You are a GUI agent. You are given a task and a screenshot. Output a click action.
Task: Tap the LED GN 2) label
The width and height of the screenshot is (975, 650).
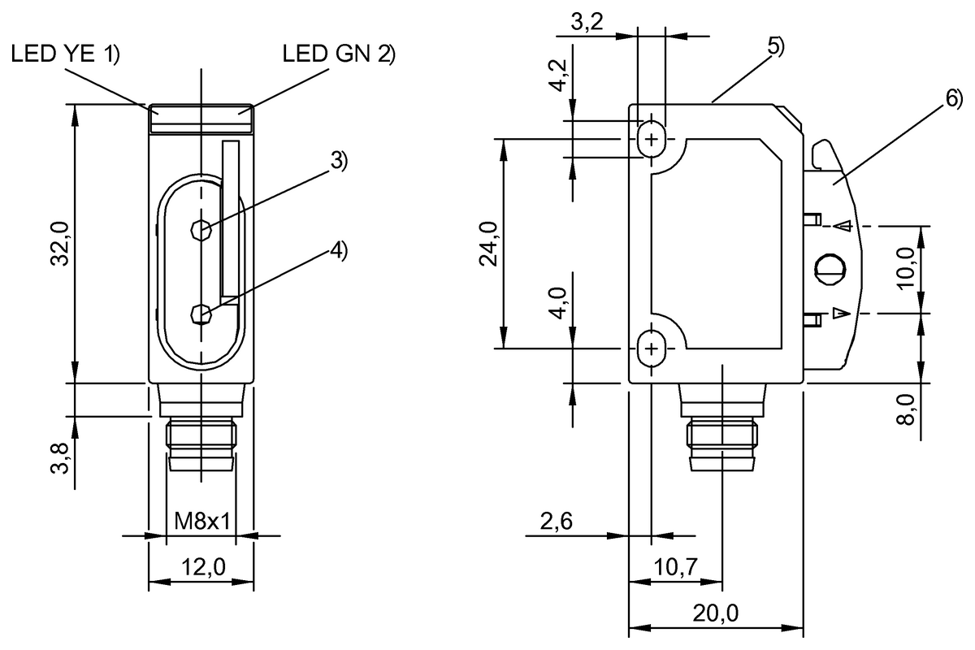(338, 55)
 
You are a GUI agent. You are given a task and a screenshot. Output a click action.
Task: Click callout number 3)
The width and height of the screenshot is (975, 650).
(338, 161)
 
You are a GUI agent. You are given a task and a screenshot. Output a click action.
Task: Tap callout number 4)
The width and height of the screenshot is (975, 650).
(338, 250)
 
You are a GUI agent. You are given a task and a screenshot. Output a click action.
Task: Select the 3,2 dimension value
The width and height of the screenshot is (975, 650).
(587, 23)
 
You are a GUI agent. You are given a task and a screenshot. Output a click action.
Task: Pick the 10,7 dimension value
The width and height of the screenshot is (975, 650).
(677, 568)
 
